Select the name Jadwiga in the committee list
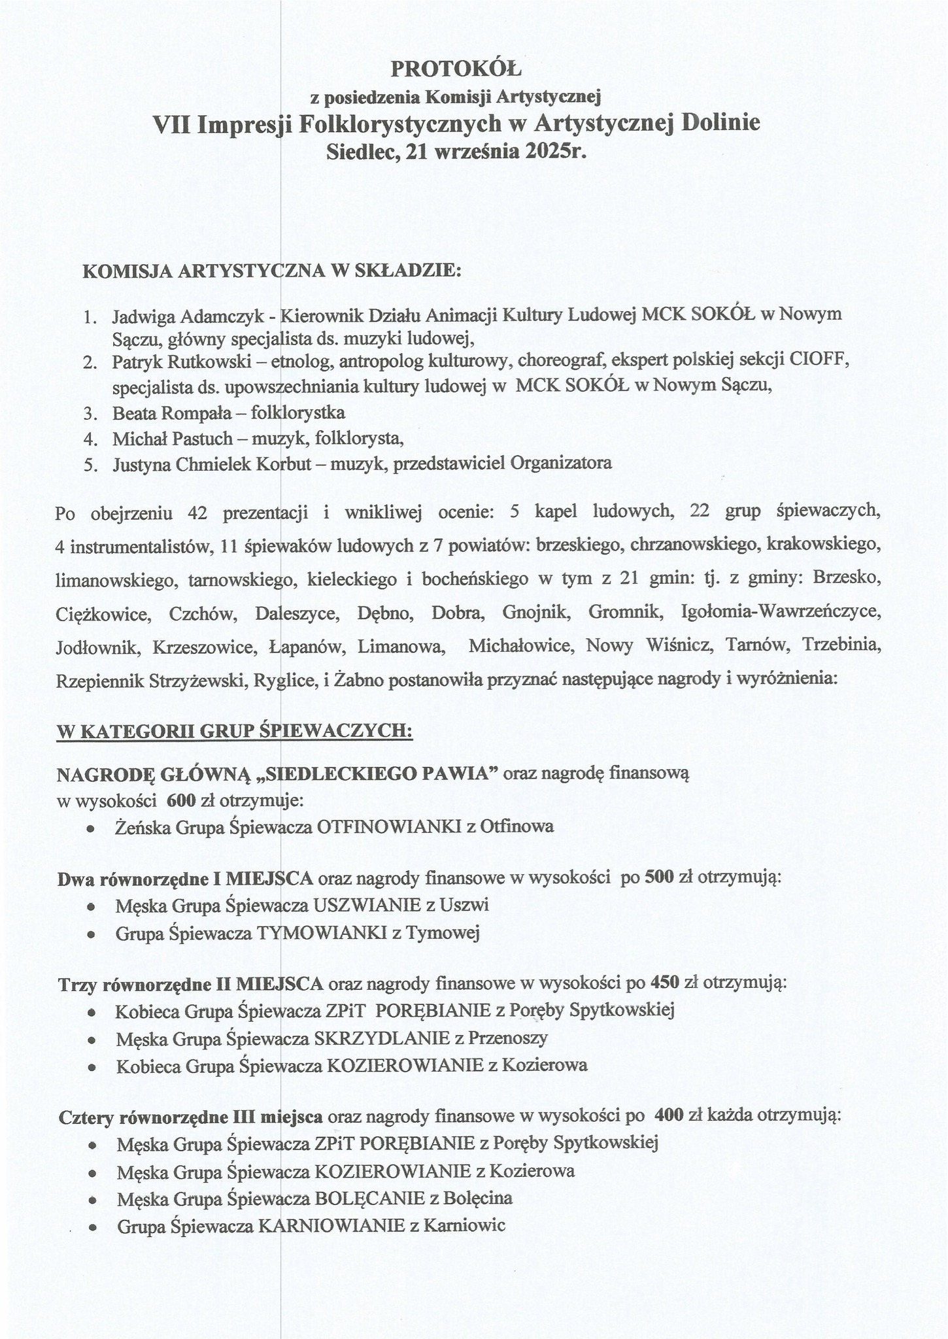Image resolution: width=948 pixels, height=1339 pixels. [141, 316]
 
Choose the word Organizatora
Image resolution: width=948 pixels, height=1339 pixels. [560, 464]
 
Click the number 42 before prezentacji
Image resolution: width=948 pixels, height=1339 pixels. [197, 513]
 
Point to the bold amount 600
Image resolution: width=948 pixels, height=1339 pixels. [179, 800]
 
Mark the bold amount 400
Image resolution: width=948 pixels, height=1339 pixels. [668, 1116]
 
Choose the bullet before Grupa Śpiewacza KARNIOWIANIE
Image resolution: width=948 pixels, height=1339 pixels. [93, 1227]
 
